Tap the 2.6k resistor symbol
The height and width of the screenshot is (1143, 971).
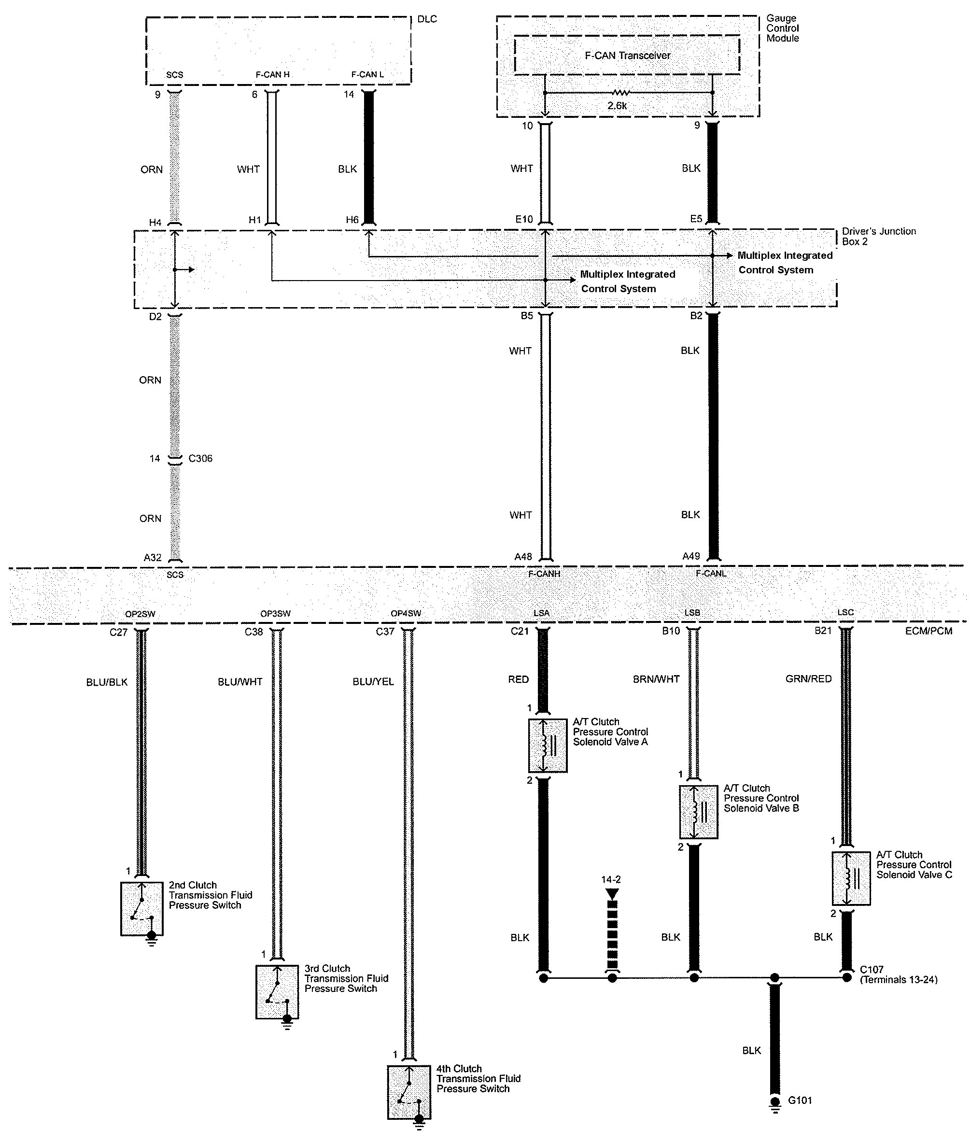pyautogui.click(x=620, y=93)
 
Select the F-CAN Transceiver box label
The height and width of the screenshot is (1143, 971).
pyautogui.click(x=628, y=56)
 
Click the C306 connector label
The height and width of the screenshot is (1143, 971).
pyautogui.click(x=200, y=458)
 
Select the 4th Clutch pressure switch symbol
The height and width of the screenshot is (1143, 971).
pyautogui.click(x=409, y=1092)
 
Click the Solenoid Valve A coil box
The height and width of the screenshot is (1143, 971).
pyautogui.click(x=548, y=745)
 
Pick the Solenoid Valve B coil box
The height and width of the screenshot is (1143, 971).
pyautogui.click(x=699, y=812)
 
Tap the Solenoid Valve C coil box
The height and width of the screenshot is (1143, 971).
pyautogui.click(x=850, y=879)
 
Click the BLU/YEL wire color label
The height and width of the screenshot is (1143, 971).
pyautogui.click(x=373, y=682)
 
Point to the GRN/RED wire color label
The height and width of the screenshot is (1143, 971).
pyautogui.click(x=808, y=679)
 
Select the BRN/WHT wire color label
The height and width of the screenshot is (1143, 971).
pyautogui.click(x=656, y=679)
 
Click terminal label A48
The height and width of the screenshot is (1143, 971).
pyautogui.click(x=523, y=557)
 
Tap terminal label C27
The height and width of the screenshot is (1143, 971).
pyautogui.click(x=118, y=632)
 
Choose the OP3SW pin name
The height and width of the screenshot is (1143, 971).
pyautogui.click(x=275, y=613)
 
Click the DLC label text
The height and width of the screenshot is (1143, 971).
pyautogui.click(x=427, y=19)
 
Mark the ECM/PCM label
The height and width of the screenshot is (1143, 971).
pyautogui.click(x=929, y=631)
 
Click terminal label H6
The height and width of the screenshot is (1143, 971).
pyautogui.click(x=352, y=220)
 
